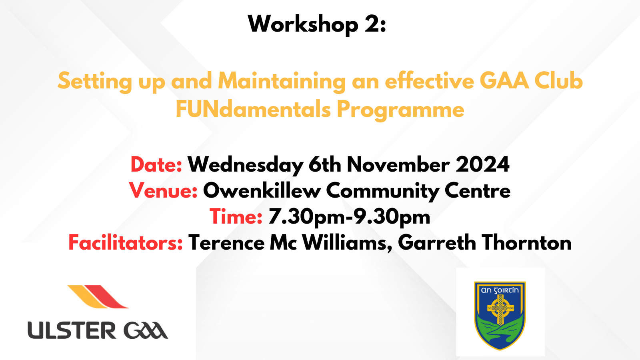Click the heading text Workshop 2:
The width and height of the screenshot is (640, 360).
point(317,24)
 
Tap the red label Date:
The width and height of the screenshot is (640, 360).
point(156,165)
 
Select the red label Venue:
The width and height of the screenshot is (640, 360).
point(163,191)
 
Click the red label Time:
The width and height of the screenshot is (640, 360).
point(236,217)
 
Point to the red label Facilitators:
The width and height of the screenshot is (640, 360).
point(126,243)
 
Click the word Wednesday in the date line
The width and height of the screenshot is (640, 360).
point(245,165)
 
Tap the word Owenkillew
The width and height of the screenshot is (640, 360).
point(262,191)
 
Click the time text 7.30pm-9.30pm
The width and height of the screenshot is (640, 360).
point(349,217)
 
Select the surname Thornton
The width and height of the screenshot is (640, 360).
point(526,243)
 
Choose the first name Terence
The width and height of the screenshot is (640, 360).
point(226,243)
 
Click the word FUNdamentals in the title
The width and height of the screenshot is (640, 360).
point(253,109)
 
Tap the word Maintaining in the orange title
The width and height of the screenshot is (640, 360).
point(282,82)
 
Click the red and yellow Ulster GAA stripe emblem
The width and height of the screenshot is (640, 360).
point(98,296)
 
